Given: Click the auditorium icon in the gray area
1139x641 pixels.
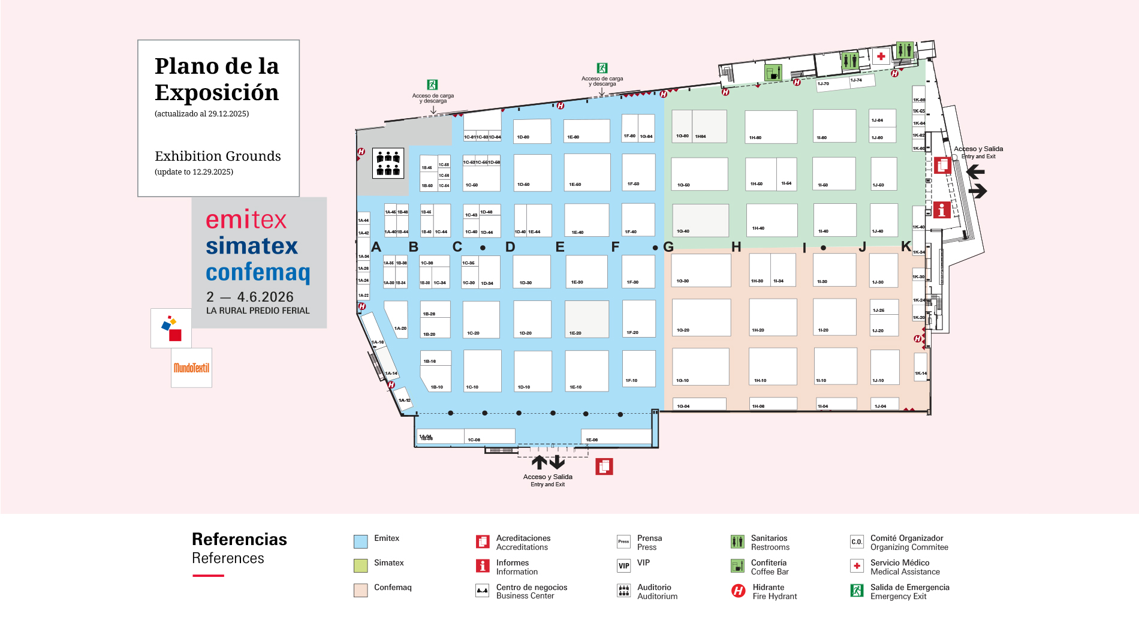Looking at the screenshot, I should (x=388, y=163).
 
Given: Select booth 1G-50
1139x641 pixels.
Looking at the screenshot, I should (x=699, y=174).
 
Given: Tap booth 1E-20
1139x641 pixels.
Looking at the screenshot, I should (x=587, y=319).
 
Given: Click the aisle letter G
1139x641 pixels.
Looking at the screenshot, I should (x=668, y=247).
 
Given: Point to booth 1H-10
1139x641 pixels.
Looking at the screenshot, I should (x=773, y=367).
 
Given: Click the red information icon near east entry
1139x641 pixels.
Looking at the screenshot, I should (x=942, y=210).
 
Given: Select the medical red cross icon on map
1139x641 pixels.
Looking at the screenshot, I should (x=881, y=56).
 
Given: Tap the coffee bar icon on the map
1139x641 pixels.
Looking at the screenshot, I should (x=773, y=73).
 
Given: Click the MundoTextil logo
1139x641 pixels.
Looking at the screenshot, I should (x=191, y=368).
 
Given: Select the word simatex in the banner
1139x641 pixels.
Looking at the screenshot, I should (x=252, y=246).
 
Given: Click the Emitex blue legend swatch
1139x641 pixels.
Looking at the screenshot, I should (x=360, y=541).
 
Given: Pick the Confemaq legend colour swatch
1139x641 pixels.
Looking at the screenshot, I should (x=360, y=590).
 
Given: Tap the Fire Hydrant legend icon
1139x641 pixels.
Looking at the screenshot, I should (x=738, y=591).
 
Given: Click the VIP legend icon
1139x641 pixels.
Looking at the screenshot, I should (x=623, y=565).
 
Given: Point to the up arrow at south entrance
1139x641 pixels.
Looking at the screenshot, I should (x=539, y=462).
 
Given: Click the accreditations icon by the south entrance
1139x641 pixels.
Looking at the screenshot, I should (x=604, y=467).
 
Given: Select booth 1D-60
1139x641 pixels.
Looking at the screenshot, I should (x=532, y=173).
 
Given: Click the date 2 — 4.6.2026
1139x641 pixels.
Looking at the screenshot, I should (x=250, y=297).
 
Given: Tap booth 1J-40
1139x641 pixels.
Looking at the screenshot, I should (x=884, y=220).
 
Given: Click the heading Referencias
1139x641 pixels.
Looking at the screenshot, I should (x=239, y=539).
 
